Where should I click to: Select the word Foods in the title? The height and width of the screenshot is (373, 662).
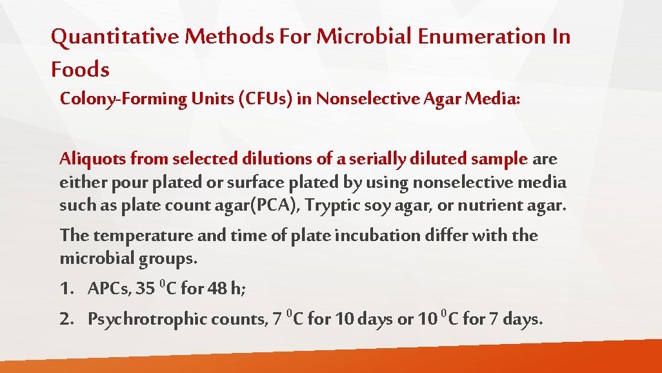(x=80, y=69)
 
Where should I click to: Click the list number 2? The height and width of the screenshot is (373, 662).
(x=67, y=320)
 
